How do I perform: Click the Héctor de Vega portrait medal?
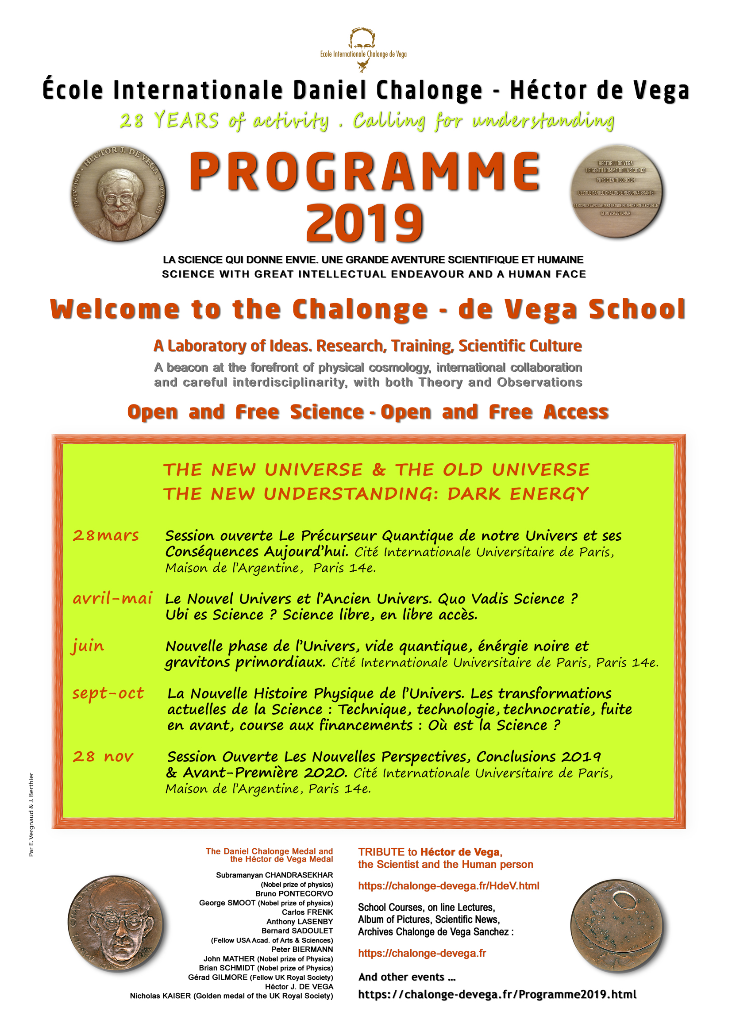coord(119,193)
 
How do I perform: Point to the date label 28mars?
coord(106,535)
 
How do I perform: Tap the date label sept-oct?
coord(108,693)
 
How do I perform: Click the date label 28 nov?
coord(103,756)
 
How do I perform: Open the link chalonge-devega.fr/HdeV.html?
coord(448,886)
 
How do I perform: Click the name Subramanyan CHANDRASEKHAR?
coord(274,875)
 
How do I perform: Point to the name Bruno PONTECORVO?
coord(294,893)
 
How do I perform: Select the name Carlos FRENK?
coord(308,912)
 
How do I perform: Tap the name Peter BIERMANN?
coord(302,949)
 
